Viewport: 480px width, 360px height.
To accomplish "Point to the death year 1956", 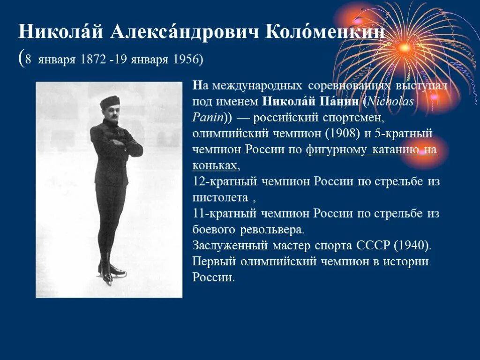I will pyautogui.click(x=186, y=60).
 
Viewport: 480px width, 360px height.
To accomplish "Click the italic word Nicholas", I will pyautogui.click(x=391, y=101).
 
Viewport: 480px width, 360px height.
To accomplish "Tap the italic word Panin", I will pyautogui.click(x=206, y=117).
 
